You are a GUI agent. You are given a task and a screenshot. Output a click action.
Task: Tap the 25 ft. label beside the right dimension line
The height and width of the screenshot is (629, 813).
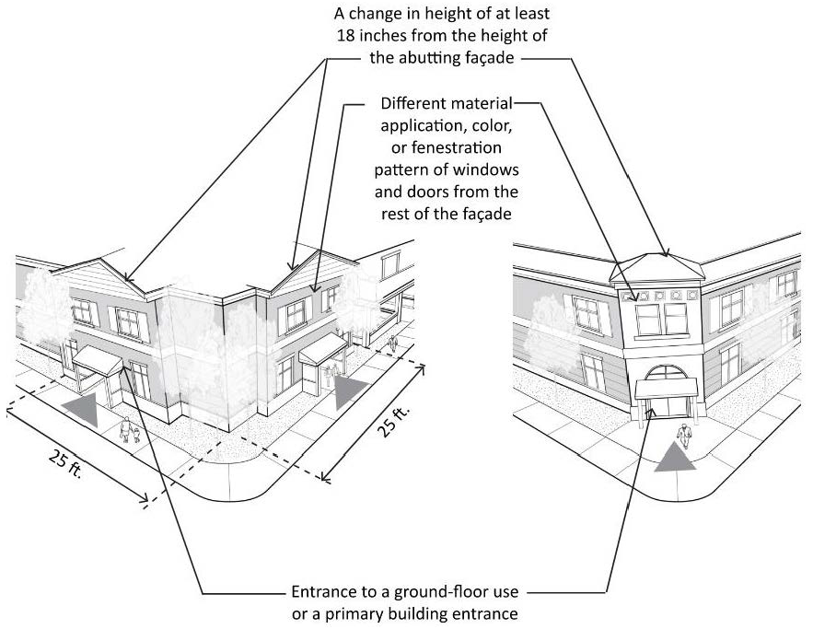point(392,421)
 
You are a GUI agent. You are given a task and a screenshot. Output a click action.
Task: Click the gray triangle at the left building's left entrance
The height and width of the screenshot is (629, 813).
point(83,409)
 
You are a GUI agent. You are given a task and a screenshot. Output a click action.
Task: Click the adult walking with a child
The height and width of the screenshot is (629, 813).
point(125,429)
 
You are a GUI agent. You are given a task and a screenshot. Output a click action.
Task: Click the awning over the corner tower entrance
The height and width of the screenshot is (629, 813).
point(667,389)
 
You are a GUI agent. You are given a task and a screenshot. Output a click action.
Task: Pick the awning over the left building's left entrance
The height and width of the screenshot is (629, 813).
point(98,359)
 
